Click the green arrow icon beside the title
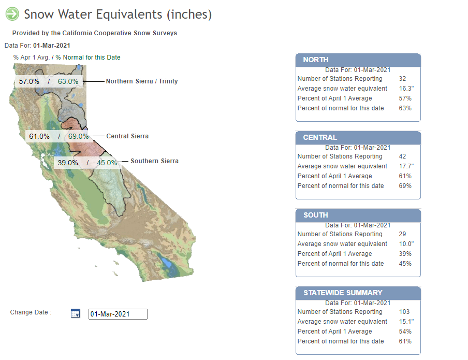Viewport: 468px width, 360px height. pyautogui.click(x=12, y=14)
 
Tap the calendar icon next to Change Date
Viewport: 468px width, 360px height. pyautogui.click(x=75, y=313)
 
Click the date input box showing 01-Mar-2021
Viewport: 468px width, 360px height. pyautogui.click(x=118, y=314)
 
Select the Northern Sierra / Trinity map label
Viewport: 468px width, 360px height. pyautogui.click(x=142, y=81)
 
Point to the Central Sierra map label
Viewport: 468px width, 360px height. pyautogui.click(x=127, y=136)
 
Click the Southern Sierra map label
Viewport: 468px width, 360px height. pyautogui.click(x=155, y=161)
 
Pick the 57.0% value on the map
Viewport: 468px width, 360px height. pyautogui.click(x=29, y=81)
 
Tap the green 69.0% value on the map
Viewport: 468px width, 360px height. pyautogui.click(x=79, y=136)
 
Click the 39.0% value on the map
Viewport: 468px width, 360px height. pyautogui.click(x=68, y=163)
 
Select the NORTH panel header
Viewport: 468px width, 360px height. pyautogui.click(x=358, y=60)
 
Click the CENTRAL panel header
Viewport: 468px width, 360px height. pyautogui.click(x=358, y=137)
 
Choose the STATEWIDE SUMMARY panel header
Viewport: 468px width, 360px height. pyautogui.click(x=358, y=293)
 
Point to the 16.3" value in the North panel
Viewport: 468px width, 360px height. pyautogui.click(x=406, y=89)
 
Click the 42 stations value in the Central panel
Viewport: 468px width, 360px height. pyautogui.click(x=402, y=156)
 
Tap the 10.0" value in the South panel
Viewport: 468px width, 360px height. pyautogui.click(x=406, y=244)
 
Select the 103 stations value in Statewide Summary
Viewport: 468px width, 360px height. pyautogui.click(x=404, y=312)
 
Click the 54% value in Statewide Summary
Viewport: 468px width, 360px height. pyautogui.click(x=405, y=332)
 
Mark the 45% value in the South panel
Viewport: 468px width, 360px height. pyautogui.click(x=405, y=264)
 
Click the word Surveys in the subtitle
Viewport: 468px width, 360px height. pyautogui.click(x=165, y=33)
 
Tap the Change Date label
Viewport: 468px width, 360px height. pyautogui.click(x=31, y=312)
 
